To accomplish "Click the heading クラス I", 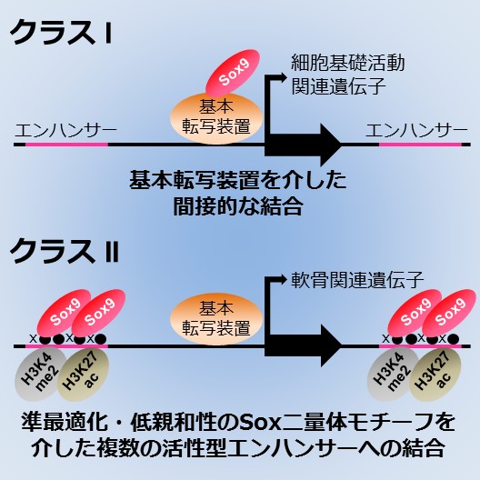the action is (x=61, y=32).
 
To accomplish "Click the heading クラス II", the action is (x=65, y=251).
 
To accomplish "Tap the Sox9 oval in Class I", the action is (x=233, y=73).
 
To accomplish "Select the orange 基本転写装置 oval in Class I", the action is (x=216, y=118).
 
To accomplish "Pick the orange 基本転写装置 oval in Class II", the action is (x=216, y=319).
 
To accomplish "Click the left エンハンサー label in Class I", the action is (x=65, y=131).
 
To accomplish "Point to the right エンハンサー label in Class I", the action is (x=416, y=131).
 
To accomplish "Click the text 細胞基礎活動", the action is (x=348, y=63).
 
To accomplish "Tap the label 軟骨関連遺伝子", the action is (x=357, y=279).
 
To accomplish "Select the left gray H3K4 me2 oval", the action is (x=40, y=374).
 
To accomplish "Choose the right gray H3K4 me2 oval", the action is (x=394, y=374).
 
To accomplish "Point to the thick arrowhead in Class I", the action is (x=331, y=145).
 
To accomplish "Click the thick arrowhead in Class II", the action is (x=331, y=346).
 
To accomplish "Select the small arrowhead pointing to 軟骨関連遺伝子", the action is (x=282, y=278).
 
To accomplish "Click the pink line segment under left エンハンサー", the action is (x=66, y=145).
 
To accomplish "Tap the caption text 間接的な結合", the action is (x=238, y=207).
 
